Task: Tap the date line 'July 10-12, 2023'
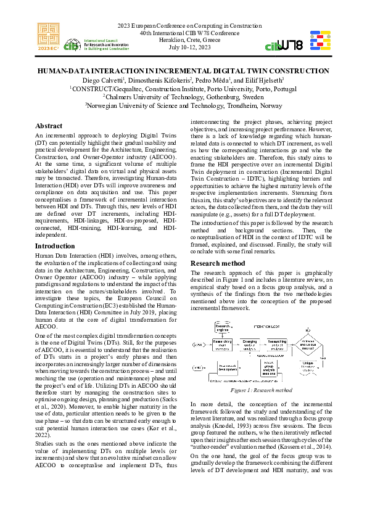click(184, 47)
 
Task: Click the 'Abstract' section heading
click(49, 126)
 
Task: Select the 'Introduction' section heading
click(55, 245)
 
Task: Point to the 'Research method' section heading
click(218, 263)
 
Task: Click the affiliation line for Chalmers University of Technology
click(183, 97)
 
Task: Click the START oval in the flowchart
click(198, 345)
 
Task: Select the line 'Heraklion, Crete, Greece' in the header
click(184, 39)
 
